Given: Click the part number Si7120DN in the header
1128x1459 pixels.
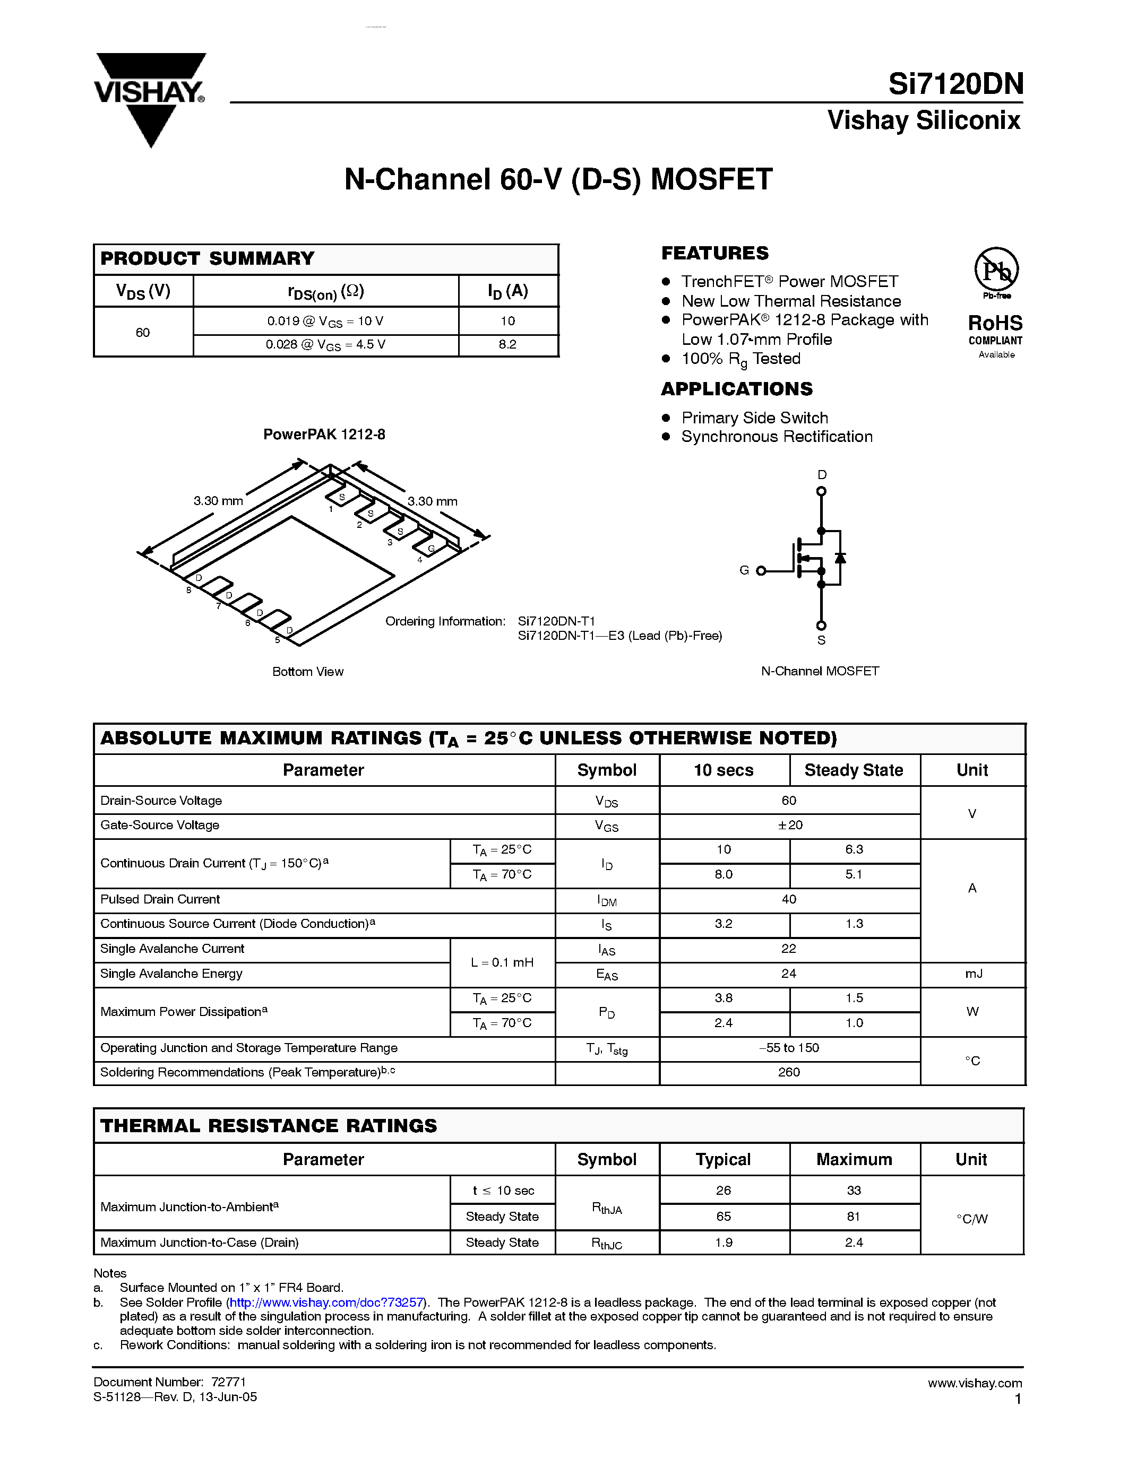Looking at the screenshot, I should (x=955, y=85).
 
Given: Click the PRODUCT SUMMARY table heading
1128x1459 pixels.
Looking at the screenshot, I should (x=207, y=258).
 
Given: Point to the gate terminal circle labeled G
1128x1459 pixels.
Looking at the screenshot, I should (x=761, y=570).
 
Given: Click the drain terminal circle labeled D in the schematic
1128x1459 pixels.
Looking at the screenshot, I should (x=821, y=491).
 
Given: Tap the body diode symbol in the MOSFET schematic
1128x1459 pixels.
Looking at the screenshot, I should (x=840, y=557).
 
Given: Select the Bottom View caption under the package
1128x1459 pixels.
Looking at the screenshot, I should (x=307, y=671).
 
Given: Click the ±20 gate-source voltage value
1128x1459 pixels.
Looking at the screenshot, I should (x=789, y=825).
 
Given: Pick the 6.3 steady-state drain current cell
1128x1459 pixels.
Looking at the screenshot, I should (x=854, y=850).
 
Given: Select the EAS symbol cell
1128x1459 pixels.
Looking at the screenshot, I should (x=607, y=975).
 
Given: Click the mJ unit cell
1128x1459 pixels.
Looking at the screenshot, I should (x=972, y=974).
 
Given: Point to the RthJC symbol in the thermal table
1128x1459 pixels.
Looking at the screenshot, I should (x=607, y=1243).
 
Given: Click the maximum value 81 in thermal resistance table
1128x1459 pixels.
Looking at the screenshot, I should (x=854, y=1217).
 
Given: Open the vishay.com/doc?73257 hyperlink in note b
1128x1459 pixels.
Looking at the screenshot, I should (x=327, y=1302).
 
